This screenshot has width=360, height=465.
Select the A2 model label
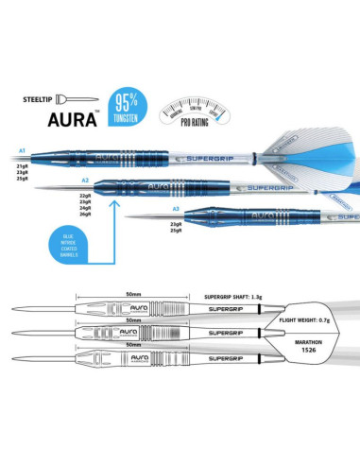[85, 179]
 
